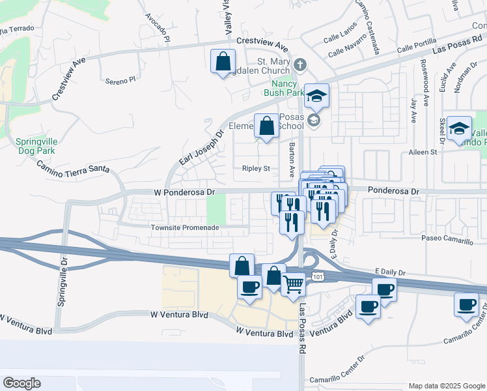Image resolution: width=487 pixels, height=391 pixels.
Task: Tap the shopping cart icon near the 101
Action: [294, 285]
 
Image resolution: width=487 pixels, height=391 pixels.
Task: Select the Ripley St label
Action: [256, 168]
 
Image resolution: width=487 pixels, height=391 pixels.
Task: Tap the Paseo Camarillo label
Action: [447, 240]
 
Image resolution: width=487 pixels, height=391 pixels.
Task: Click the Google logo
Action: [22, 383]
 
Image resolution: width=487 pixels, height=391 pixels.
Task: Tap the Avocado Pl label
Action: [158, 26]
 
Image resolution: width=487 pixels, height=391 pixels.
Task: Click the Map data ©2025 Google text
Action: [446, 385]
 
